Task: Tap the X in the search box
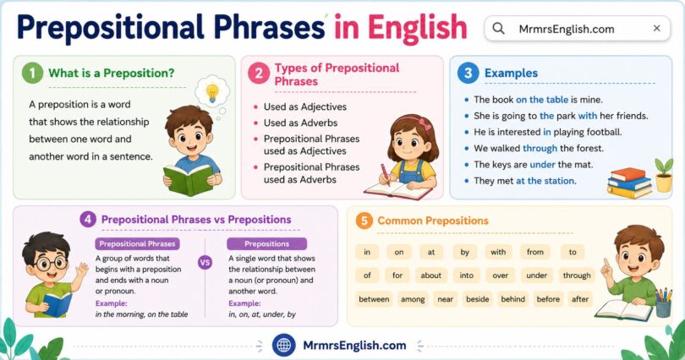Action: tap(657, 29)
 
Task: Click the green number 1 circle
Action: tap(32, 74)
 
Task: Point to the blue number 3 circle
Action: tap(467, 74)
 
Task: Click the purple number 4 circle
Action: tap(87, 220)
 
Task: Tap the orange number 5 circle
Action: tap(364, 221)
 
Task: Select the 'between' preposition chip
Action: tap(374, 298)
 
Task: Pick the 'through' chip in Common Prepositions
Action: tap(577, 275)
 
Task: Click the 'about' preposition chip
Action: tap(431, 275)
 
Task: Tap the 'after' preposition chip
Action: tap(580, 298)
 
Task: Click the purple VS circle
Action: tap(205, 262)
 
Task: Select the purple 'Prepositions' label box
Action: tap(266, 243)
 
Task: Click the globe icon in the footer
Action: tap(284, 345)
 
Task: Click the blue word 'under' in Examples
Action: tap(544, 164)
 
